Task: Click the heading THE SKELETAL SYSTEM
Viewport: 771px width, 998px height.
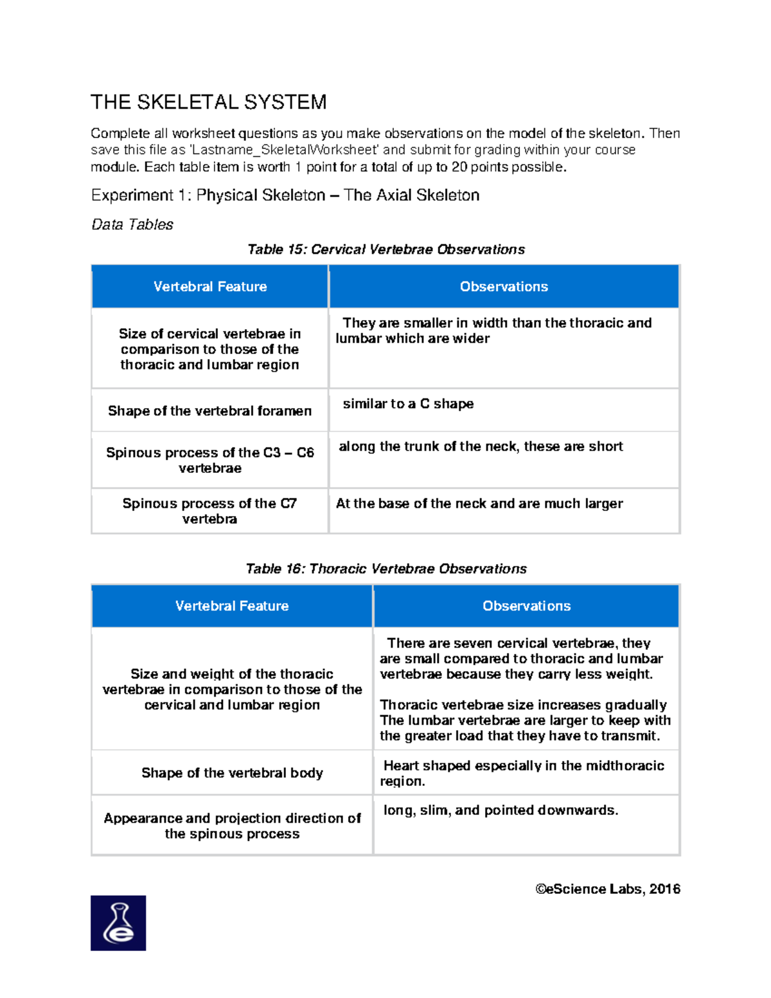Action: (208, 102)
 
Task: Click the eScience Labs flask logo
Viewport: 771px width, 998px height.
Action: (118, 923)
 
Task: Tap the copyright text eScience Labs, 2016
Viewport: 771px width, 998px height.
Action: (607, 889)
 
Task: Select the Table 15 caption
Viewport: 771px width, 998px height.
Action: (385, 249)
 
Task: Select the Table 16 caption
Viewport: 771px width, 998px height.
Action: (385, 569)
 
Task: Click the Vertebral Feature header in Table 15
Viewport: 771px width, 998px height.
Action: (209, 287)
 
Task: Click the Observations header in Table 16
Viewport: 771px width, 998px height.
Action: (526, 606)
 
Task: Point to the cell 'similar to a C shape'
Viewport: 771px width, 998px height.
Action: (408, 404)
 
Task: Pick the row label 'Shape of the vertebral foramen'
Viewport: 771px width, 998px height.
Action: (209, 411)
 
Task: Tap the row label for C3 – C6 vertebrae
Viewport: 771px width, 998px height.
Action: (209, 460)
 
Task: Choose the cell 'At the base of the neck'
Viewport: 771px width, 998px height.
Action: (479, 504)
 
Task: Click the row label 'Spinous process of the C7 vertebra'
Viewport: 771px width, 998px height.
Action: (209, 511)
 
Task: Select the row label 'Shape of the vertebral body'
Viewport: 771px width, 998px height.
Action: (232, 773)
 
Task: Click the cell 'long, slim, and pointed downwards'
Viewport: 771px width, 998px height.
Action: (501, 810)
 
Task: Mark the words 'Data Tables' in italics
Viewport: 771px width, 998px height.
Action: (132, 225)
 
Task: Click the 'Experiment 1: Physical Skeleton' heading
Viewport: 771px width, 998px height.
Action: (285, 195)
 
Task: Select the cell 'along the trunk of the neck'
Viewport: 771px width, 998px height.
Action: (481, 447)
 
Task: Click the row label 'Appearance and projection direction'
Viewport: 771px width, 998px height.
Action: (232, 826)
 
